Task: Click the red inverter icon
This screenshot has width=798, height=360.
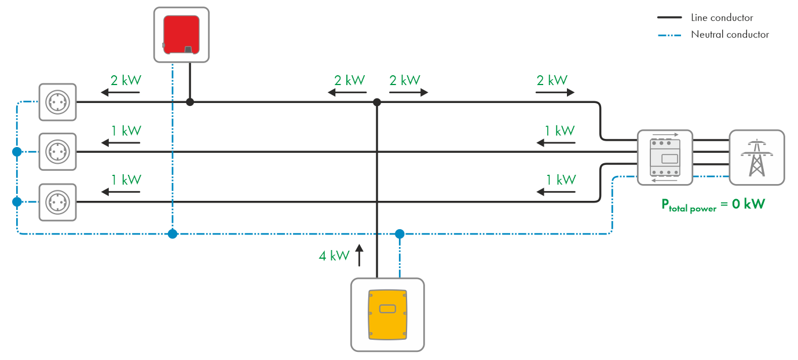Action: [181, 35]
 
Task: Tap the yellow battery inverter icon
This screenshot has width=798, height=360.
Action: [387, 314]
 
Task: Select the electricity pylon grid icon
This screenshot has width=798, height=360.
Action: [756, 157]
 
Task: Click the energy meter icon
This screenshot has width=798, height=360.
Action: [665, 157]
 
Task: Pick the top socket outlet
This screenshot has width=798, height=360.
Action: [57, 102]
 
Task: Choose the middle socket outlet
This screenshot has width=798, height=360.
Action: [57, 152]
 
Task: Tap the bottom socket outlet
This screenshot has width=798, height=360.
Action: [57, 202]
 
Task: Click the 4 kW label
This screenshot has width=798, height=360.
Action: [334, 255]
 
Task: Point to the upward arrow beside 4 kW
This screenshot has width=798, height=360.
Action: [359, 255]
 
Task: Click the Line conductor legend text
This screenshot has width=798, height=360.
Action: [722, 18]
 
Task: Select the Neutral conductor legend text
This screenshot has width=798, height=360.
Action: [730, 35]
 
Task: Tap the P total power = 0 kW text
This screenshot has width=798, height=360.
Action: [713, 205]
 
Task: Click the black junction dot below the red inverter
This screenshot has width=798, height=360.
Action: [189, 102]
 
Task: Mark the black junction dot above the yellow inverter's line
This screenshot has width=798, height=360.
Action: [377, 102]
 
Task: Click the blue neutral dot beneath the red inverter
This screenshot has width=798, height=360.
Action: [172, 234]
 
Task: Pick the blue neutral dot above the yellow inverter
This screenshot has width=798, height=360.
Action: [399, 234]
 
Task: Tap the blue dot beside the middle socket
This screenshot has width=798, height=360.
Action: [17, 152]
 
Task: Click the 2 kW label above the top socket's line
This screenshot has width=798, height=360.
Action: [126, 80]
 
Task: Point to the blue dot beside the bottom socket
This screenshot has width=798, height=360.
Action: [17, 202]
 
